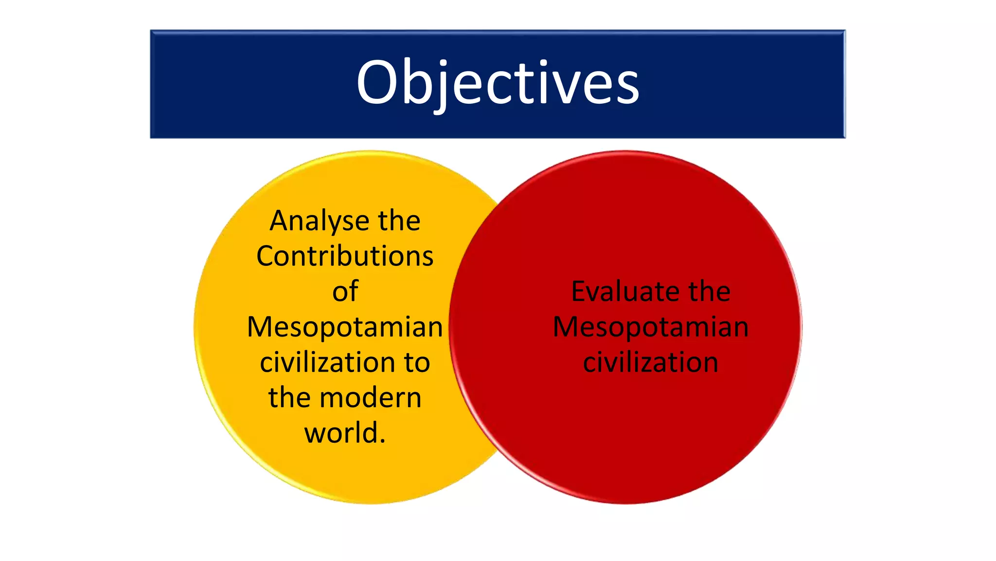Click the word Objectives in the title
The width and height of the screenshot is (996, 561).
[x=498, y=83]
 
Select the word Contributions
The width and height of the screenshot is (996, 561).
[x=345, y=256]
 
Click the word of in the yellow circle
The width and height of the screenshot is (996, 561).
[x=345, y=291]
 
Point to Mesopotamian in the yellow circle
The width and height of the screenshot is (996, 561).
[x=345, y=327]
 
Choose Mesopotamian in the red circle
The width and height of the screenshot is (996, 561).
[x=651, y=327]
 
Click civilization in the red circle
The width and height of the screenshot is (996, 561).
[x=651, y=362]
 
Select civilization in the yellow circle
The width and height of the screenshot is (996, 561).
[x=328, y=362]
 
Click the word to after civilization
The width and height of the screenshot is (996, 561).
[x=417, y=363]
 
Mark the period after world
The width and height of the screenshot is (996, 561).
[x=382, y=441]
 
